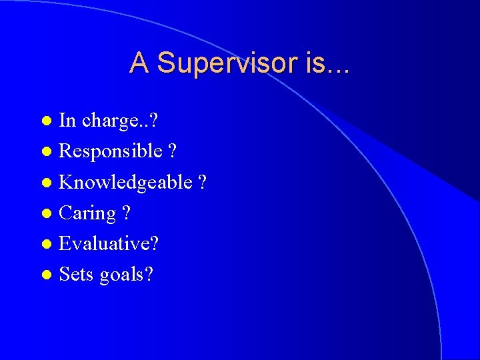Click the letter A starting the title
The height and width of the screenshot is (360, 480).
click(139, 63)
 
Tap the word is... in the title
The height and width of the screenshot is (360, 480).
click(328, 63)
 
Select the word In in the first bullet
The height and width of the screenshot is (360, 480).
click(67, 121)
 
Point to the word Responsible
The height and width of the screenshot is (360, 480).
click(111, 151)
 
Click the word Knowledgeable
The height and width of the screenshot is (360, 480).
click(125, 183)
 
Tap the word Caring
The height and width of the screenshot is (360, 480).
click(88, 214)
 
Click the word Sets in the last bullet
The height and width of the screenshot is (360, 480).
click(77, 274)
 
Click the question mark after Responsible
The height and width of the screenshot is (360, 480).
click(173, 151)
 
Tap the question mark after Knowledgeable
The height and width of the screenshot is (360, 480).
click(202, 182)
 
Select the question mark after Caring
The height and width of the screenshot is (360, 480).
click(126, 213)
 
